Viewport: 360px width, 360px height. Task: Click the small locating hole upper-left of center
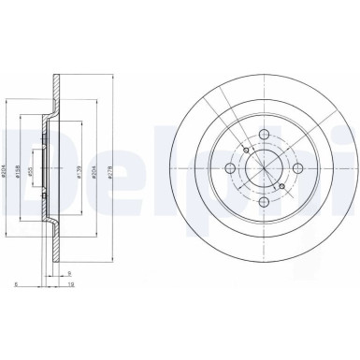[245, 150]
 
